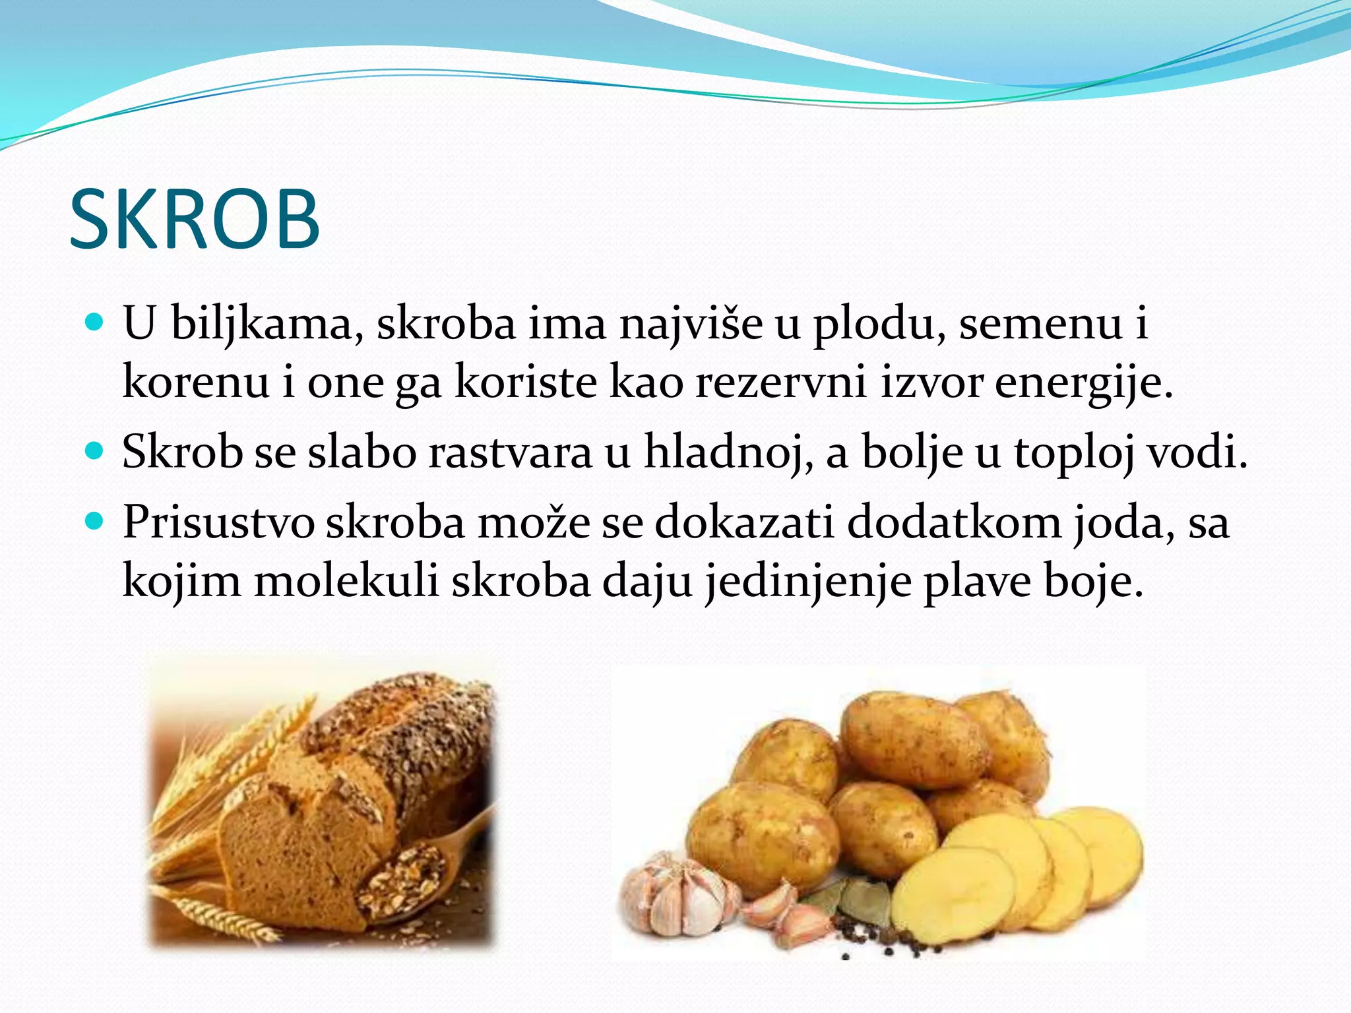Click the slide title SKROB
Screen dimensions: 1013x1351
click(195, 220)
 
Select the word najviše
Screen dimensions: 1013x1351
click(690, 324)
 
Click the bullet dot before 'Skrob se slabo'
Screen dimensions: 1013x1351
click(96, 452)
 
